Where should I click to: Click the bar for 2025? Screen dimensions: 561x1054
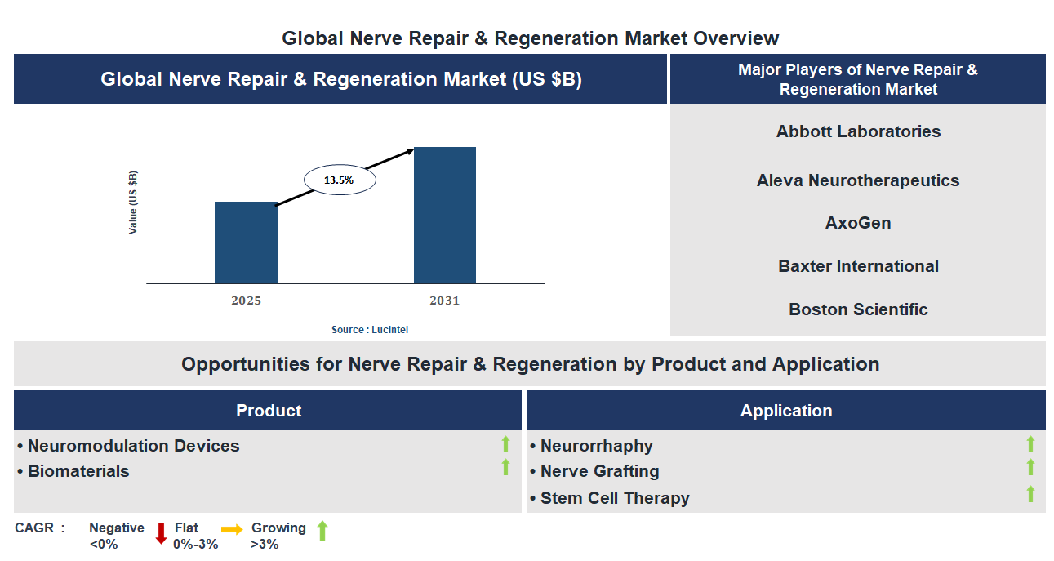point(246,243)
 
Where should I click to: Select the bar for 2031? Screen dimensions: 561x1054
point(445,216)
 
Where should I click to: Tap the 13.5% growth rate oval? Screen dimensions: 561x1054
point(340,180)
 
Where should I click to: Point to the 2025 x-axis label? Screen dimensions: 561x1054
point(246,301)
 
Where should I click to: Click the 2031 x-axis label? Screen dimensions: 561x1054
point(445,301)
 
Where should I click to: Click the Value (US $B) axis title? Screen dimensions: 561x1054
point(133,203)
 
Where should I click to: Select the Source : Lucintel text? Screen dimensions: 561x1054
point(370,329)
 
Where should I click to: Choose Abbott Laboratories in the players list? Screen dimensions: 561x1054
point(858,131)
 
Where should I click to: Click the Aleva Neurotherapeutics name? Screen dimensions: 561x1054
point(858,180)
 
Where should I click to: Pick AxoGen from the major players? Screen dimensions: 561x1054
point(858,223)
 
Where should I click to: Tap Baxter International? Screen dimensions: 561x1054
point(858,266)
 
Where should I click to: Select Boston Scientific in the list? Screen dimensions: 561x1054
point(858,309)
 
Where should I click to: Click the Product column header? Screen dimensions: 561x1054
point(268,411)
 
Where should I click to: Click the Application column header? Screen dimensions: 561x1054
point(785,411)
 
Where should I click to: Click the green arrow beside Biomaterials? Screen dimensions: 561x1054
point(505,467)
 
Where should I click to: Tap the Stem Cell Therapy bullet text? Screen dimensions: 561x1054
point(615,498)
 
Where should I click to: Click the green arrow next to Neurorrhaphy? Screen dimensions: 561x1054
point(1030,444)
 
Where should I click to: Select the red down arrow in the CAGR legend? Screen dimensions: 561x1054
point(161,533)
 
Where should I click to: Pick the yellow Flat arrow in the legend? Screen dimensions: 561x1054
point(232,530)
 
